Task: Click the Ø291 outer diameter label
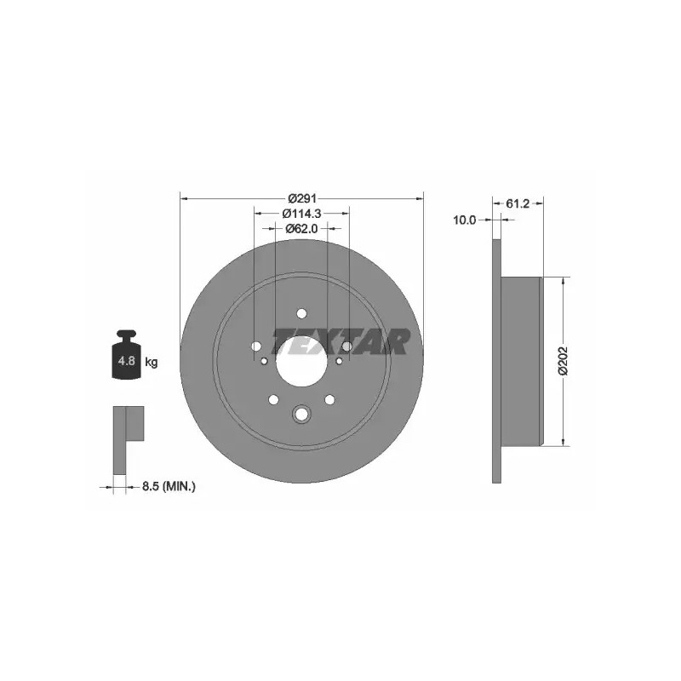pos(302,198)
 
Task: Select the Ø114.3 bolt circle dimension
pos(302,214)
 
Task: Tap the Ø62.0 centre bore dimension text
pos(302,228)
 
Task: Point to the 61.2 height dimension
pos(518,203)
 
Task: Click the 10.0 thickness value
pos(465,220)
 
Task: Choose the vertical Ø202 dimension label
pos(563,360)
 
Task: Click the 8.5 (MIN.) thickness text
pos(169,486)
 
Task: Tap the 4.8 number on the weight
pos(126,360)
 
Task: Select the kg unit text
pos(152,361)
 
